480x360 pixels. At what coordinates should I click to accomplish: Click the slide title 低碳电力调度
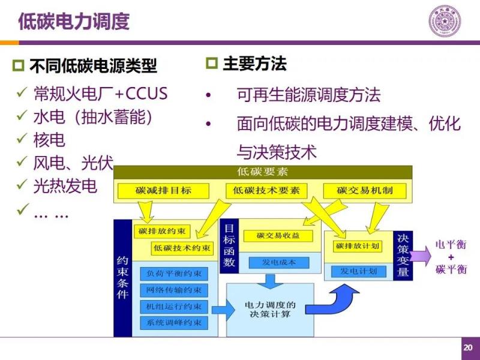point(74,22)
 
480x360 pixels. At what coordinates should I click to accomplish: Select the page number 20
point(467,348)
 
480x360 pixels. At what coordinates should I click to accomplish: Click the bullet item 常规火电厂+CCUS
point(100,94)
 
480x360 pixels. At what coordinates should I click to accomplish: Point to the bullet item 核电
point(49,140)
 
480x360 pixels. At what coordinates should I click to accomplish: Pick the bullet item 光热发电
point(65,187)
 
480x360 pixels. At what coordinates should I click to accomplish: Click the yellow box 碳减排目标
point(163,191)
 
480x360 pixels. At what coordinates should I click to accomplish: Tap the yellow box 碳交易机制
point(365,191)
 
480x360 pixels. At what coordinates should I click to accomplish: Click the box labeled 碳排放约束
point(162,231)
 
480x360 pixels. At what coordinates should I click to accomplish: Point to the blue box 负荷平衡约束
point(174,274)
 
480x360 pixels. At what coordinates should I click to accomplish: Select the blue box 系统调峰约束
point(174,322)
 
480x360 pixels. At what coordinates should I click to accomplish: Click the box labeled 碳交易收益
point(277,235)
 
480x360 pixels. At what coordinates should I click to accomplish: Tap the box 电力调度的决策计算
point(270,310)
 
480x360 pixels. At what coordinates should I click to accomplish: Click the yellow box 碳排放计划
point(358,246)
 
